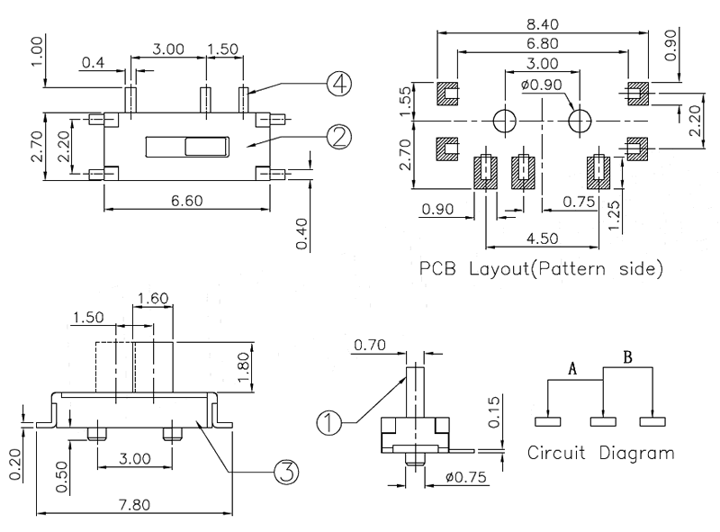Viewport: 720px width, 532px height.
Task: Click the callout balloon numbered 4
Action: (x=338, y=85)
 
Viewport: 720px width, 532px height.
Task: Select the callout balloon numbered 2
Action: (x=338, y=136)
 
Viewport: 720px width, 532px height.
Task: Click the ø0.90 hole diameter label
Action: (x=543, y=86)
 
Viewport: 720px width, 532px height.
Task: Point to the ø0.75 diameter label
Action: (x=465, y=477)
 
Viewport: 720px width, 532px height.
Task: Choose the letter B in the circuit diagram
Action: (x=627, y=359)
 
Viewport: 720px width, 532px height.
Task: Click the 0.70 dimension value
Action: (x=370, y=345)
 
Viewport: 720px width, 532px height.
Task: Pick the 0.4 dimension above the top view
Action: (x=92, y=62)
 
